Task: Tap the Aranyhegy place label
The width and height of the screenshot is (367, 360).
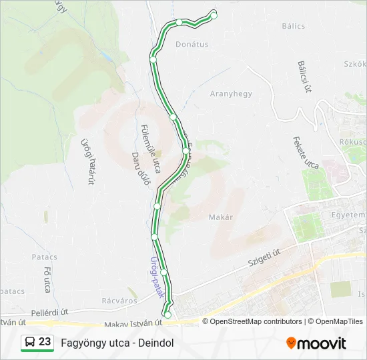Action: (x=231, y=94)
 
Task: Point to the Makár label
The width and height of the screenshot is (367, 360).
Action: (x=220, y=217)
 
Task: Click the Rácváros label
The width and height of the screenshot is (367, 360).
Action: (x=119, y=300)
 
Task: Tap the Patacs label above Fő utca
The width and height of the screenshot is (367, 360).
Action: (x=44, y=257)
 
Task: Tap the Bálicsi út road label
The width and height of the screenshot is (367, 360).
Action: (x=305, y=77)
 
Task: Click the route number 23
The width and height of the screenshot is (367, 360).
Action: (x=45, y=342)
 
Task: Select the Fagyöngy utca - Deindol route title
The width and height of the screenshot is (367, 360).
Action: (x=117, y=343)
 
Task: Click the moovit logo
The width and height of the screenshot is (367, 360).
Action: (x=316, y=343)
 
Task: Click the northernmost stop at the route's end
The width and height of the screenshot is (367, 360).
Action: (x=214, y=13)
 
